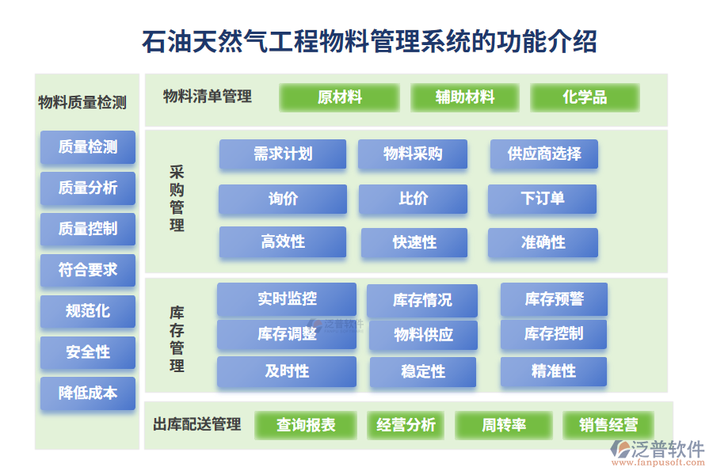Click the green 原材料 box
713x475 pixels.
pyautogui.click(x=339, y=97)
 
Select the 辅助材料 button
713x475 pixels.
pyautogui.click(x=465, y=97)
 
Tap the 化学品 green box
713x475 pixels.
pyautogui.click(x=585, y=97)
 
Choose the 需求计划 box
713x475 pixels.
pyautogui.click(x=283, y=154)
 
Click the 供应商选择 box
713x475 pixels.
pyautogui.click(x=543, y=154)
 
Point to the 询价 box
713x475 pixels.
pyautogui.click(x=283, y=199)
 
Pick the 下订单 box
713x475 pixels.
pyautogui.click(x=542, y=199)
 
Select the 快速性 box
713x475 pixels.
pyautogui.click(x=414, y=242)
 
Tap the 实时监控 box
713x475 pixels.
pyautogui.click(x=287, y=299)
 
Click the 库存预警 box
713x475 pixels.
pyautogui.click(x=554, y=299)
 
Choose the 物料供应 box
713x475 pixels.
pyautogui.click(x=423, y=335)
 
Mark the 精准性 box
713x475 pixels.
pyautogui.click(x=553, y=371)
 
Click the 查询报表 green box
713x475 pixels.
pyautogui.click(x=306, y=425)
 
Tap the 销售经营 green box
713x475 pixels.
pyautogui.click(x=608, y=425)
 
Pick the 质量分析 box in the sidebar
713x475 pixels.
pyautogui.click(x=88, y=188)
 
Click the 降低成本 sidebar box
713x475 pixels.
pyautogui.click(x=88, y=393)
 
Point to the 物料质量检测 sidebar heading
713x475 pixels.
pyautogui.click(x=82, y=102)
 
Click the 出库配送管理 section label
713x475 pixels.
pyautogui.click(x=197, y=424)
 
